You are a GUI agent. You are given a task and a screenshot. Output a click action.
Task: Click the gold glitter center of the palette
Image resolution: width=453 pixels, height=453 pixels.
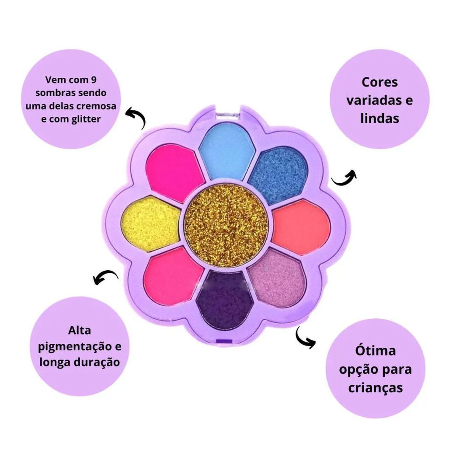click(x=226, y=225)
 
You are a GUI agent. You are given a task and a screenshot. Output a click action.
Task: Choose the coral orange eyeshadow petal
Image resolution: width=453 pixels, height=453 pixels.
click(x=301, y=228)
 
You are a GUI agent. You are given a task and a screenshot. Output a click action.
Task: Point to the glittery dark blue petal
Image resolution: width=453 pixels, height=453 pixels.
click(x=278, y=175)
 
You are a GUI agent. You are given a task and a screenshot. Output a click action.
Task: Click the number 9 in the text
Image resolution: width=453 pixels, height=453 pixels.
click(x=93, y=80)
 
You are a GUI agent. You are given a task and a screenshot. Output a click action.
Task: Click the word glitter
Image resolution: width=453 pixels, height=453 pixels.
click(x=86, y=119)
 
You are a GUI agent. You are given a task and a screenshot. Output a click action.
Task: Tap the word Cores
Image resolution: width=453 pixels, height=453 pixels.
click(x=380, y=82)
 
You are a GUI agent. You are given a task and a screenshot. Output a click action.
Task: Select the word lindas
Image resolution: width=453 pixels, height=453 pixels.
click(x=380, y=118)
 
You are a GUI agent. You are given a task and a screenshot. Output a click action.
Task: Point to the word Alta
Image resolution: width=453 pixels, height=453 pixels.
click(x=80, y=330)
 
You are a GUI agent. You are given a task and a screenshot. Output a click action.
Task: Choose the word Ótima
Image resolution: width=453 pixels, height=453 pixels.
click(x=375, y=351)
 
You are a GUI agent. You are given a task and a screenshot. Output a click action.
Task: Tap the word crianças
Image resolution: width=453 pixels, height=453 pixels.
click(x=375, y=387)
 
